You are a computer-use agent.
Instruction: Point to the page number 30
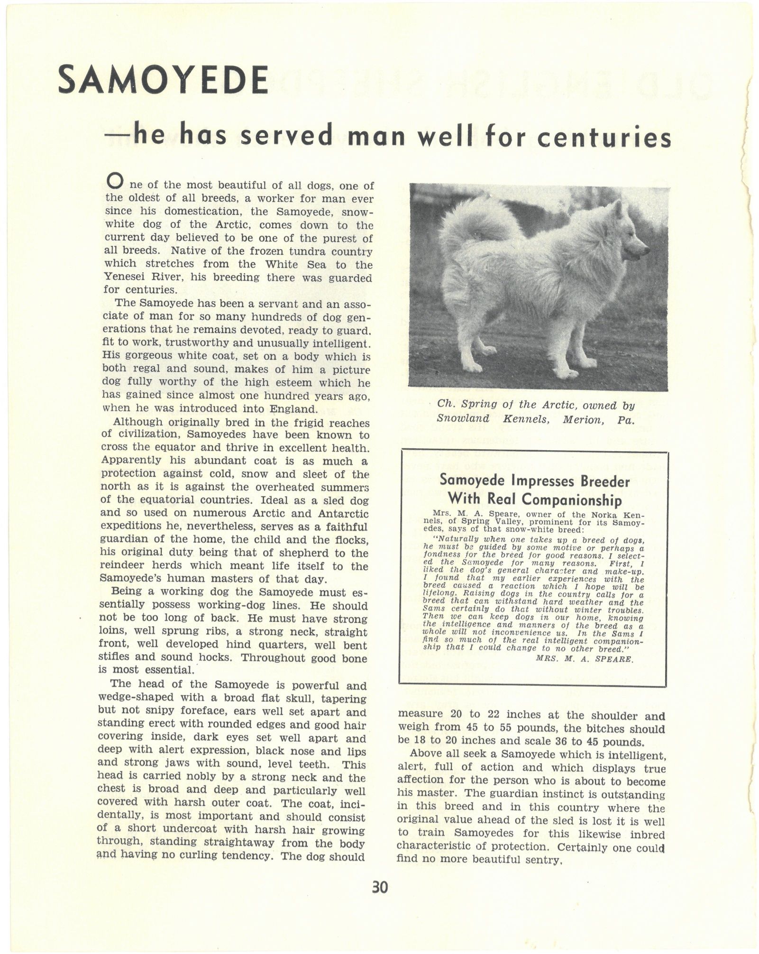click(x=380, y=887)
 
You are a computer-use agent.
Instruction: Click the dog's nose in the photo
click(x=647, y=248)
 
